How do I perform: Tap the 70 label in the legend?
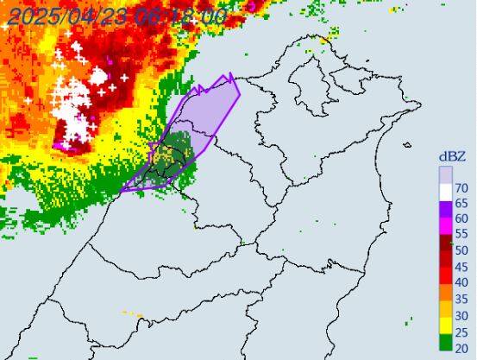[461, 187]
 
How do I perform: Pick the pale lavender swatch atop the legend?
[446, 177]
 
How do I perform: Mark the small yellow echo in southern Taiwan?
[131, 313]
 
